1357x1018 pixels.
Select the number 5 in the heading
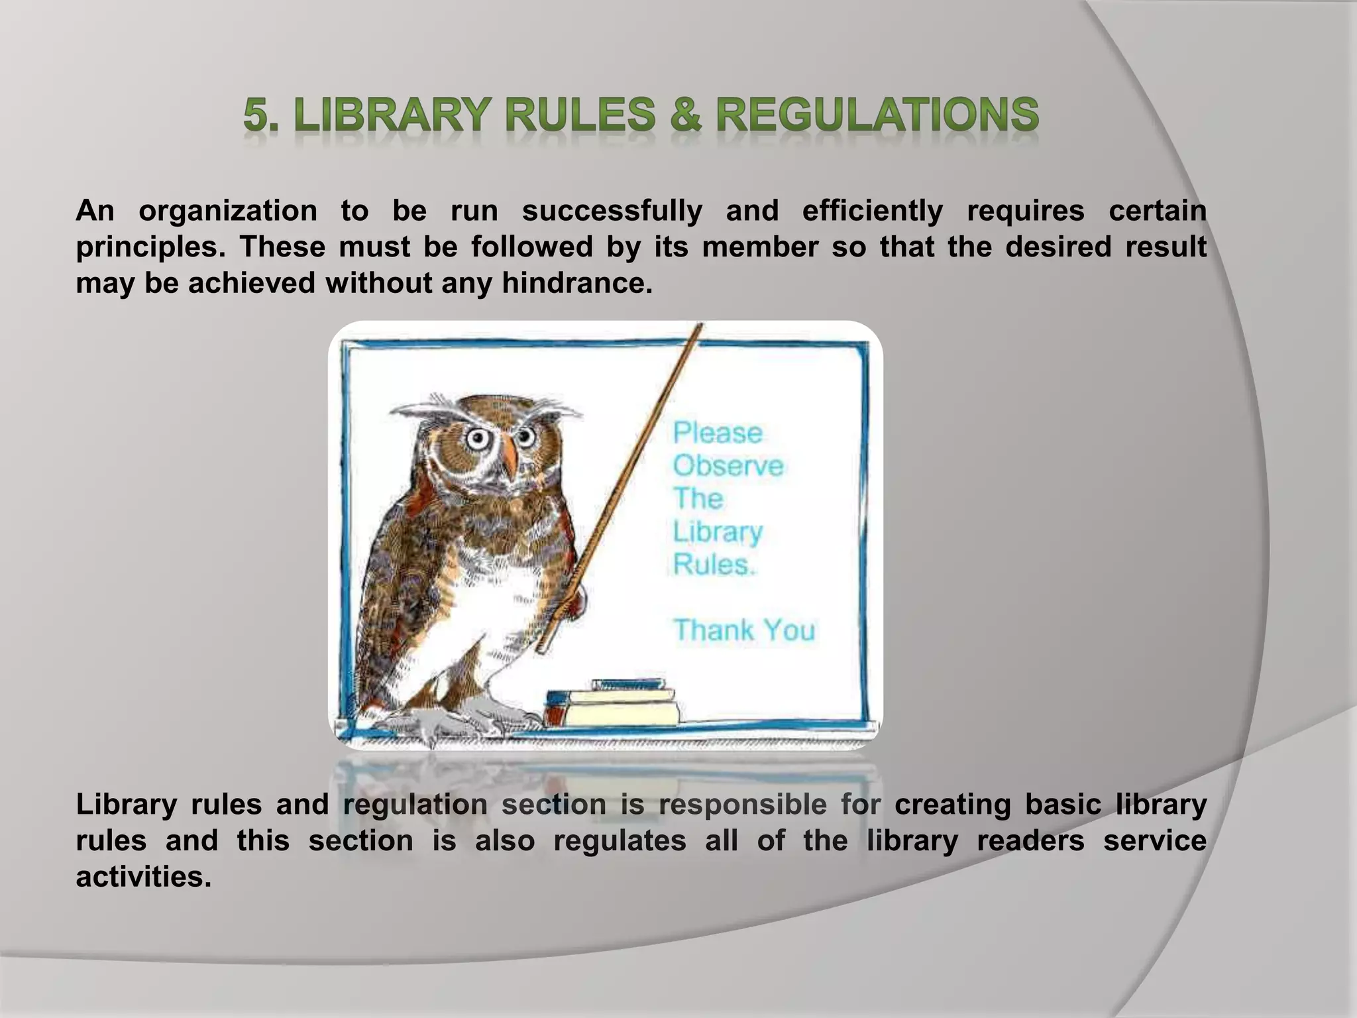(256, 115)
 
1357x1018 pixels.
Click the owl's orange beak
(509, 456)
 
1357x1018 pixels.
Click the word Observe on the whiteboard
(728, 466)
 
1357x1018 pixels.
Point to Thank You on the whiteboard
(743, 630)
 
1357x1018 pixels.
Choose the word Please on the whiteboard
(718, 433)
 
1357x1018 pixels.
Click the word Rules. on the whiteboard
(714, 565)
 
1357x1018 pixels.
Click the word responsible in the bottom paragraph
(742, 805)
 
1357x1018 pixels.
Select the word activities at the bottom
(143, 877)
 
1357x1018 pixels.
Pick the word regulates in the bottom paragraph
(620, 841)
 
